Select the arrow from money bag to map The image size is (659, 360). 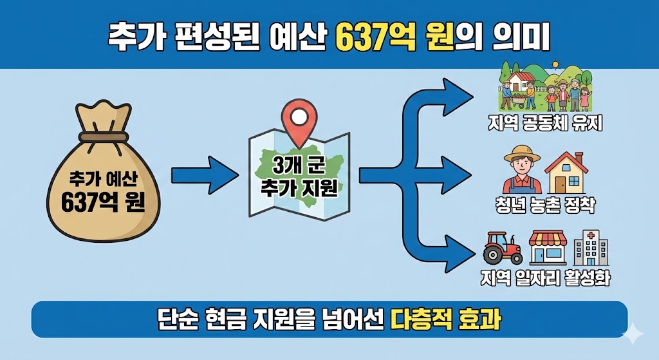click(x=205, y=174)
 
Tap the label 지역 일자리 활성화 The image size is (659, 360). click(x=545, y=278)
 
